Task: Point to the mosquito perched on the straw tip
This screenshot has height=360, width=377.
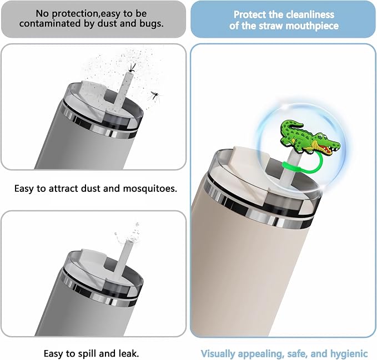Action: coord(132,68)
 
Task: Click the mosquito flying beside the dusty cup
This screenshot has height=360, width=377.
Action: coord(155,97)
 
